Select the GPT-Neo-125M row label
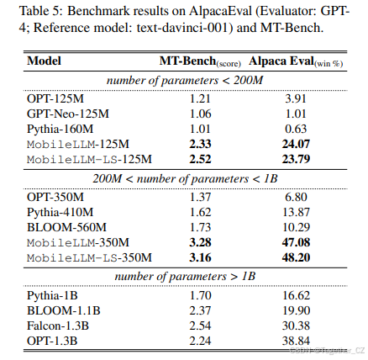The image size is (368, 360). point(66,112)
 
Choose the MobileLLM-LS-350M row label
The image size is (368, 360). point(89,257)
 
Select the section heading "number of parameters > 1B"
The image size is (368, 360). point(184,276)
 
